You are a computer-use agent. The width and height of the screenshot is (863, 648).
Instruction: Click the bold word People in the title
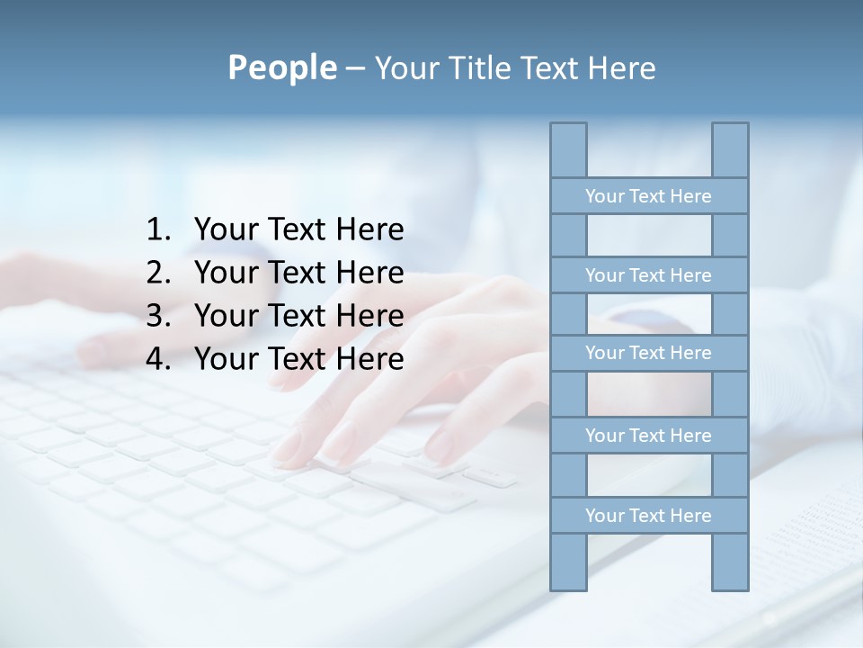pos(280,67)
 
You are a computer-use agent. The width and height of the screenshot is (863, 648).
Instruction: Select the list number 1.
pos(157,230)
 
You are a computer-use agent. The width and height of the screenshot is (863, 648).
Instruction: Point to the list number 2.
pos(157,273)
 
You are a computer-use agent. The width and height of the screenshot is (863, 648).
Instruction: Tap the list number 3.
pos(157,316)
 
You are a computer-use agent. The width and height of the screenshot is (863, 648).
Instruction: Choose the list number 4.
pos(157,359)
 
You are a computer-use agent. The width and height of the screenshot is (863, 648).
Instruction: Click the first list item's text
pos(298,230)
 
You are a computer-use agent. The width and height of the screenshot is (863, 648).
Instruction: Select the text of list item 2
pos(298,273)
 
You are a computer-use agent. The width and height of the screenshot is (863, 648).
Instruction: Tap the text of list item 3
pos(298,316)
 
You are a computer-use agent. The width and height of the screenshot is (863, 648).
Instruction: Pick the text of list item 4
pos(298,359)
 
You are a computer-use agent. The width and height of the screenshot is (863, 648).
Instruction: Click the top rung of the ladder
pos(648,196)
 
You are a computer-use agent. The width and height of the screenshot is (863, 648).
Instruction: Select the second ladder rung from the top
pos(648,275)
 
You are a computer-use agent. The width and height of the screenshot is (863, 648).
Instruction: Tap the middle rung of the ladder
pos(648,353)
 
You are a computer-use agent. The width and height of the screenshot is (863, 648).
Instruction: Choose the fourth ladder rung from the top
pos(648,436)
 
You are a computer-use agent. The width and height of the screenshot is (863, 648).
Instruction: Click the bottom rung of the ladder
pos(648,516)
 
